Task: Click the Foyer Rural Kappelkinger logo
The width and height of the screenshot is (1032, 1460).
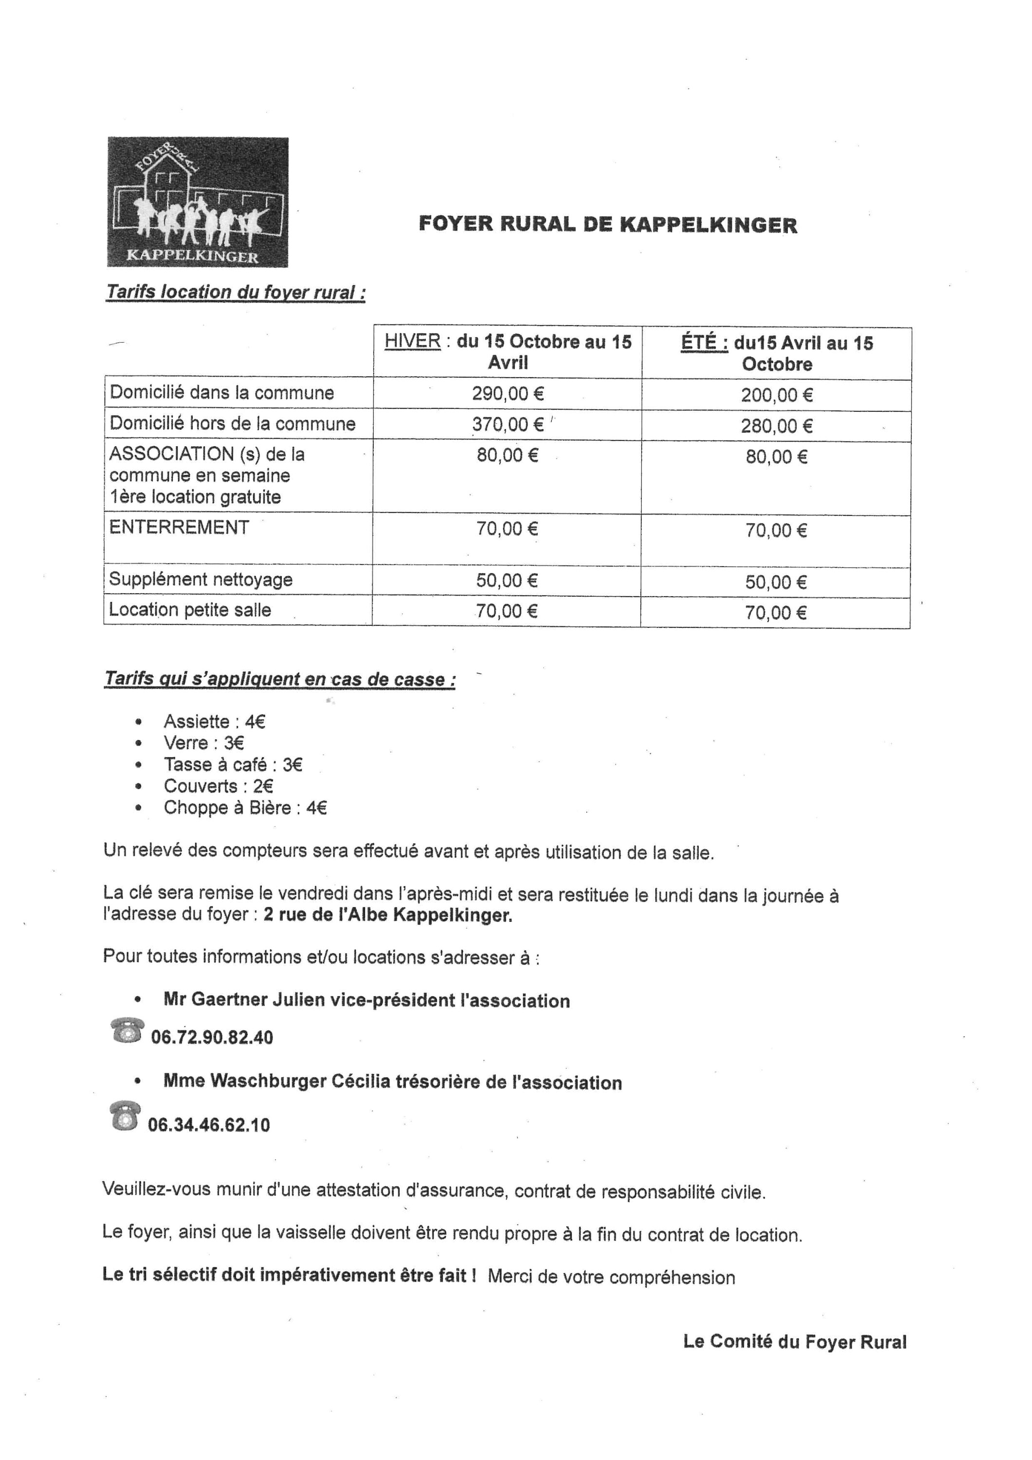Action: (x=198, y=202)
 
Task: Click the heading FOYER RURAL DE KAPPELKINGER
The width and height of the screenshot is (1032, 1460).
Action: (x=607, y=225)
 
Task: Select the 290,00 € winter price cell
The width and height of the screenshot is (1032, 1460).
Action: (x=507, y=394)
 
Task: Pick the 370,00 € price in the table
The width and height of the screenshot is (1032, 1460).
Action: (x=507, y=424)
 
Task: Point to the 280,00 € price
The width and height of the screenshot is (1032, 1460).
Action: (x=777, y=426)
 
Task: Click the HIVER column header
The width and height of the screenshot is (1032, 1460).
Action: (x=507, y=352)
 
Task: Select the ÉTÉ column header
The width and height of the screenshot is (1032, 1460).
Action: (x=777, y=353)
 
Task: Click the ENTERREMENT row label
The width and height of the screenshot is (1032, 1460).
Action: (x=180, y=527)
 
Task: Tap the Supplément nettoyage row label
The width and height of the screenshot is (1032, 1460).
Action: (x=201, y=579)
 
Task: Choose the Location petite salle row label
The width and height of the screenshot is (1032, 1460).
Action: (x=190, y=610)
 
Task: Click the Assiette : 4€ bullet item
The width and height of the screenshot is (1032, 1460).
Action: (x=214, y=722)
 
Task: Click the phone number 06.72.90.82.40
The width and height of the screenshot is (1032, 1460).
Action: (x=212, y=1038)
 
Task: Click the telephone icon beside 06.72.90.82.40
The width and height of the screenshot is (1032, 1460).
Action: (x=127, y=1031)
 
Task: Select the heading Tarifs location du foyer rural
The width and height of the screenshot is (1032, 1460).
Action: (x=235, y=292)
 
